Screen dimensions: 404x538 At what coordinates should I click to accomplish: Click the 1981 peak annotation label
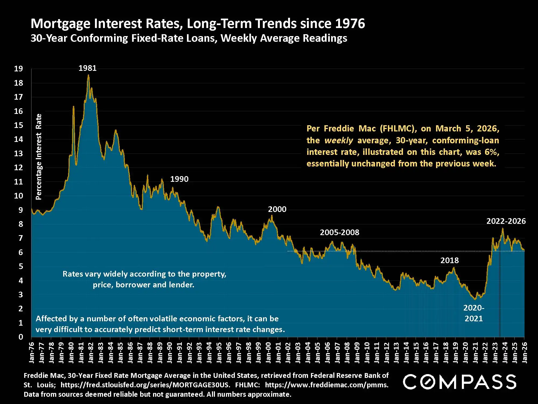[87, 68]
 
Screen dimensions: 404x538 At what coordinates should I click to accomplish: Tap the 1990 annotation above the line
[179, 179]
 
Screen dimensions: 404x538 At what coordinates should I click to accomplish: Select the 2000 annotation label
[277, 209]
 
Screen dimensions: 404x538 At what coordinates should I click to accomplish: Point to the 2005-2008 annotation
[339, 232]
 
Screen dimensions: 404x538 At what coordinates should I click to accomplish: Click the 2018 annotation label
[449, 260]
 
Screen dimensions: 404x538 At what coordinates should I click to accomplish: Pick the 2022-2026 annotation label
[506, 221]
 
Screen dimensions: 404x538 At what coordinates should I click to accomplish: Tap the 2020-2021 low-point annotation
[474, 313]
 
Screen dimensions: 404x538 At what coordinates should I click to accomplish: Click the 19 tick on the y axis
[19, 69]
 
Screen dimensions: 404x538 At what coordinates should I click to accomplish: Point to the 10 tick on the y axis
[19, 196]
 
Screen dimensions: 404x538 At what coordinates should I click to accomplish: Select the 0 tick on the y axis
[21, 337]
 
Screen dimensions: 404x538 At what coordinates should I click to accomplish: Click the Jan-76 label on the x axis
[32, 353]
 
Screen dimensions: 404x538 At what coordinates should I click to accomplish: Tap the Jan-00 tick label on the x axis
[268, 353]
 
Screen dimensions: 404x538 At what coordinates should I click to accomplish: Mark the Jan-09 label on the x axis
[357, 353]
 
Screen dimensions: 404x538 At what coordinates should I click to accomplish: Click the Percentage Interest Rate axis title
[39, 157]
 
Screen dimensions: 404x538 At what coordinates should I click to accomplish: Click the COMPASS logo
[459, 382]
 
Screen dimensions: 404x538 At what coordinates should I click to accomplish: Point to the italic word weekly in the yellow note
[338, 141]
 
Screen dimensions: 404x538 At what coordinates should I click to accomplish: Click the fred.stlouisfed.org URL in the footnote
[145, 385]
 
